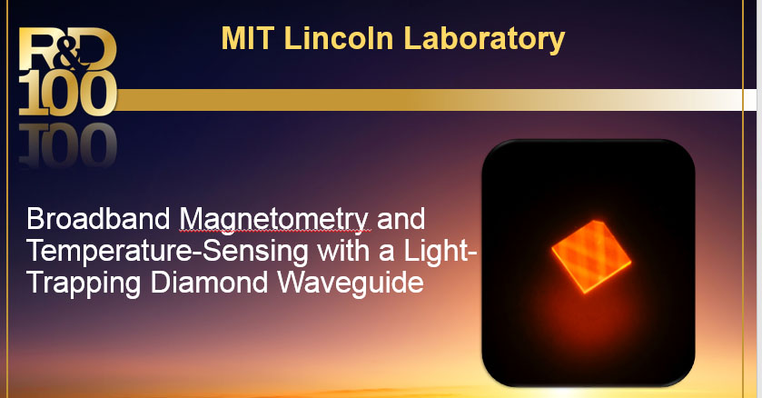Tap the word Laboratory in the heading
[x=484, y=39]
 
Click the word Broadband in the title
[x=98, y=219]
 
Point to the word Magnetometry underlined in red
[x=274, y=221]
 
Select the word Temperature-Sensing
[x=167, y=252]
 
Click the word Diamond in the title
[x=210, y=283]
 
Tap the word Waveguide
[x=351, y=284]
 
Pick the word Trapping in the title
[x=84, y=284]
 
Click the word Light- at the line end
[x=440, y=251]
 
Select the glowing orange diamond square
[x=591, y=256]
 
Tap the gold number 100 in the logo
[x=67, y=94]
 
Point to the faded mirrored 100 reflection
[x=67, y=144]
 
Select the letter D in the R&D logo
[x=96, y=48]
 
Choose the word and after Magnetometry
[x=401, y=219]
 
